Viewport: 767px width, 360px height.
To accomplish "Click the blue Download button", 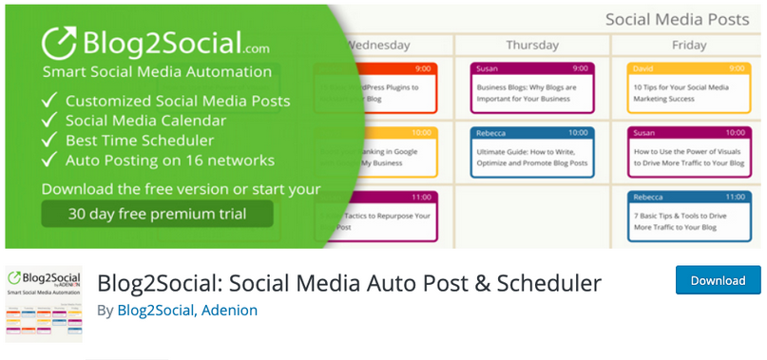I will click(718, 280).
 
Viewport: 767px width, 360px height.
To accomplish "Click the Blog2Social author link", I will click(156, 310).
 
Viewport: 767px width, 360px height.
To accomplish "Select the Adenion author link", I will click(229, 310).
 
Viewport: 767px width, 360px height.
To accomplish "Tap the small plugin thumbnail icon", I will click(44, 303).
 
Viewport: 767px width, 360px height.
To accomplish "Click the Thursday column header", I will click(531, 45).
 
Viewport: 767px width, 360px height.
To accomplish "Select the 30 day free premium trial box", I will click(157, 214).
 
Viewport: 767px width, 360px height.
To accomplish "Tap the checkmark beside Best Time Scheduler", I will click(48, 141).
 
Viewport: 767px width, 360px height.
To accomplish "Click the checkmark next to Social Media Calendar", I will click(48, 121).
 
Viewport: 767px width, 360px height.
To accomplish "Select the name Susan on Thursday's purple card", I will click(488, 68).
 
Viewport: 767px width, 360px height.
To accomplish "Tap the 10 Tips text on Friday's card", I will click(649, 86).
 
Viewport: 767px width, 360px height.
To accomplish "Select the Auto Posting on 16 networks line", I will click(169, 161).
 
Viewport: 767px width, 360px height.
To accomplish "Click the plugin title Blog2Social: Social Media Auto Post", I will click(349, 282).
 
